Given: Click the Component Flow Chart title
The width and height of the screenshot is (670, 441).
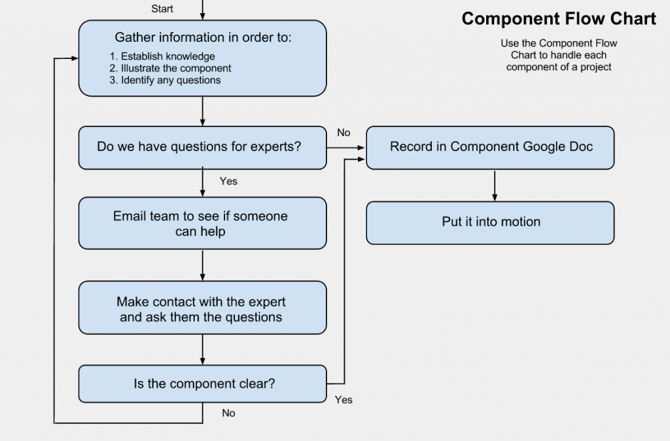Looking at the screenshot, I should [558, 19].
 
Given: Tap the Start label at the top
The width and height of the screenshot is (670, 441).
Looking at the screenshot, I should [162, 9].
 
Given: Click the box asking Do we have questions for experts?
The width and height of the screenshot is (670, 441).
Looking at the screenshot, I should [202, 147].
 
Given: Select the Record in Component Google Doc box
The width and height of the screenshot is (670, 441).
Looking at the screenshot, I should [490, 147].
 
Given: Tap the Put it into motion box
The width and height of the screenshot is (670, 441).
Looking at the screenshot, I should [490, 222].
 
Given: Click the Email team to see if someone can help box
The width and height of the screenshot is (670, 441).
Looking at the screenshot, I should [202, 223].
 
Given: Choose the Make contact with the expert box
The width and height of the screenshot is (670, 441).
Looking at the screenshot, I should [202, 309].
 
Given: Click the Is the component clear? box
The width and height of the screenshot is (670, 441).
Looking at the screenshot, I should [202, 384].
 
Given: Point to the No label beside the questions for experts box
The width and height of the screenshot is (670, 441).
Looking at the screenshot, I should [344, 133].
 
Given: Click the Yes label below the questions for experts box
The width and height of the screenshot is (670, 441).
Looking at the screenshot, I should [228, 181].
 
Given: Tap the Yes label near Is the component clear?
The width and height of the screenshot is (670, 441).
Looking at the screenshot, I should [344, 399].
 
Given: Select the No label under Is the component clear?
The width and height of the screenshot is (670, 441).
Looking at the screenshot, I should [228, 413].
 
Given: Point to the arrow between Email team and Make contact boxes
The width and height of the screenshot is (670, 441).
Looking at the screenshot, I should [203, 265].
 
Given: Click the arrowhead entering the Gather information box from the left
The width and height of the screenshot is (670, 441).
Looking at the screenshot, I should [74, 58].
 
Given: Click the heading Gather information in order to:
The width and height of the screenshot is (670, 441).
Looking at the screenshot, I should [203, 37].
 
